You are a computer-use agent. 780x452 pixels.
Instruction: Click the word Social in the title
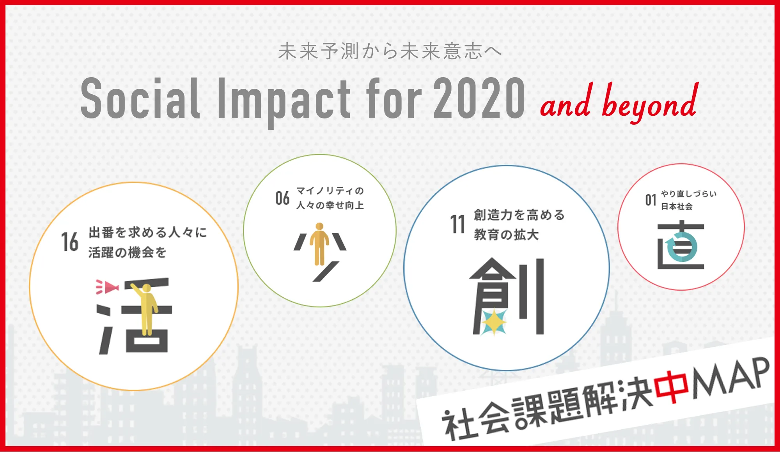141,98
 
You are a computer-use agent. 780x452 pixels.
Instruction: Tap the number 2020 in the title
479,98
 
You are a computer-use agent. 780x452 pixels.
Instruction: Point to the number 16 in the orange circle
70,242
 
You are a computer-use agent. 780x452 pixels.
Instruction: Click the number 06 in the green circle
282,198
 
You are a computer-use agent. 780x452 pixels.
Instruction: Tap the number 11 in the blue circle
458,224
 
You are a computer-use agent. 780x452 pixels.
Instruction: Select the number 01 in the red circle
651,200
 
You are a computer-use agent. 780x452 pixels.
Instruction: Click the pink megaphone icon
107,287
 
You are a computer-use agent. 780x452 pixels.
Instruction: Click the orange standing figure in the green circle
319,244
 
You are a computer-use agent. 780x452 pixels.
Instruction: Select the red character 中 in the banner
671,387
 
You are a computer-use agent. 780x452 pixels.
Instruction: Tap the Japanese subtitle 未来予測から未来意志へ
390,51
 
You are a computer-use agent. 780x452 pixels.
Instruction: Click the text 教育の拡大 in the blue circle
506,235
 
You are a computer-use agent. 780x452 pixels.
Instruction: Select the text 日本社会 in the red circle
677,207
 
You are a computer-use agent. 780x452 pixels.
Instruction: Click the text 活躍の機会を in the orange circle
128,252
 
